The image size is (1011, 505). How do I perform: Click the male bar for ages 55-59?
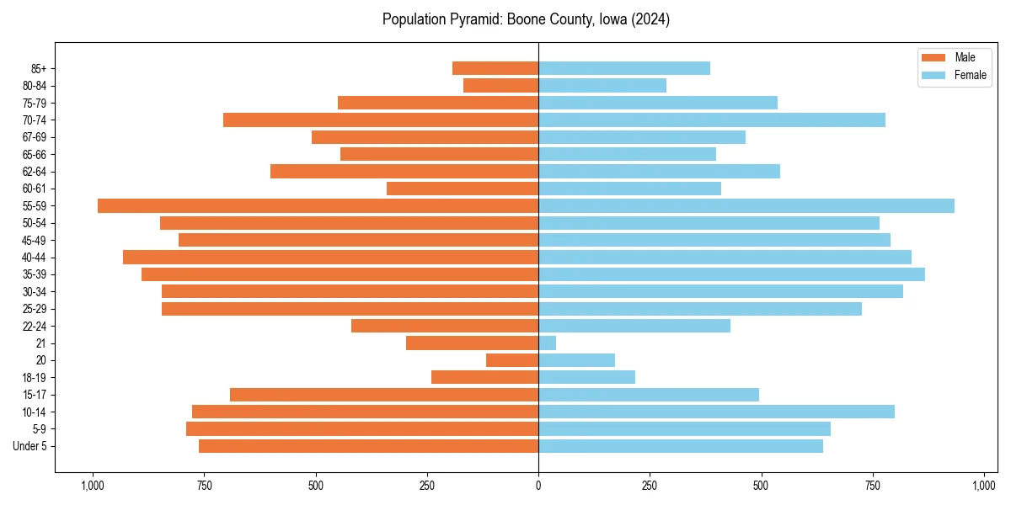318,205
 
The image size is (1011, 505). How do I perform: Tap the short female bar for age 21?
548,343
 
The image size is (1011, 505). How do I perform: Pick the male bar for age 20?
512,360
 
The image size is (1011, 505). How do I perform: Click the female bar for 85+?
624,68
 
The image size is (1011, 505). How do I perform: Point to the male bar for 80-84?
500,85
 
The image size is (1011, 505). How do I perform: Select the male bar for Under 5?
368,446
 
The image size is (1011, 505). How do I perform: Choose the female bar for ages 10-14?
716,412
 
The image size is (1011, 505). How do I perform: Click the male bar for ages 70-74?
381,120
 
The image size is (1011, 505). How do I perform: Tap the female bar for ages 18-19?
586,377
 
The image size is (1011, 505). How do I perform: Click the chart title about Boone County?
526,19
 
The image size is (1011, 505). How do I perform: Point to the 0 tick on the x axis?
538,486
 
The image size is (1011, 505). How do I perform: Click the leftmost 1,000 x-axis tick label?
92,486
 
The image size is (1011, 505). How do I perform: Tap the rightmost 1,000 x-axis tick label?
984,486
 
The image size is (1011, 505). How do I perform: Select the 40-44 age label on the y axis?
33,258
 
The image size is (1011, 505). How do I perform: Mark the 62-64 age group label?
33,172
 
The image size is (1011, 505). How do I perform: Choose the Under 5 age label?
29,446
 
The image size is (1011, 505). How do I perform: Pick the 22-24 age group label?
33,326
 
